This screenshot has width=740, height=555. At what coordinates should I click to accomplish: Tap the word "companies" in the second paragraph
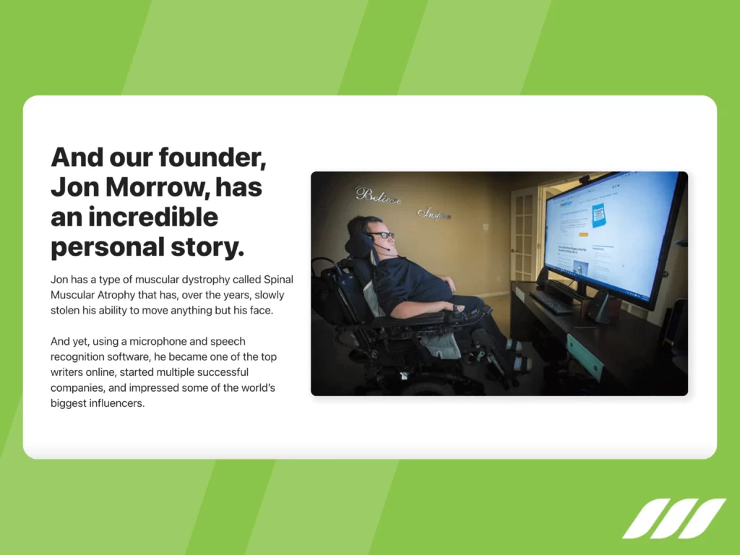coord(77,388)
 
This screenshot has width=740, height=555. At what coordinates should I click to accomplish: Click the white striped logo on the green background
coord(674,518)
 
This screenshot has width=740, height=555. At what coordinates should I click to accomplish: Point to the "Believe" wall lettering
coord(377,196)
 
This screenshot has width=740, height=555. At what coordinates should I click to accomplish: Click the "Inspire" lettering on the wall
coord(434,213)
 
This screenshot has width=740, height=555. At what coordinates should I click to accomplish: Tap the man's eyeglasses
coord(384,235)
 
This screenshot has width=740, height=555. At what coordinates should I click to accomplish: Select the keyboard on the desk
coord(551,301)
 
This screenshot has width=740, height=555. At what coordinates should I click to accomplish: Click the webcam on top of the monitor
coord(584,178)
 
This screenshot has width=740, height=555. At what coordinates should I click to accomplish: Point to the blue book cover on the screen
coord(598,215)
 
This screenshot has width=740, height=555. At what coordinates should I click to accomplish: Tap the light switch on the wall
coord(486,227)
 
